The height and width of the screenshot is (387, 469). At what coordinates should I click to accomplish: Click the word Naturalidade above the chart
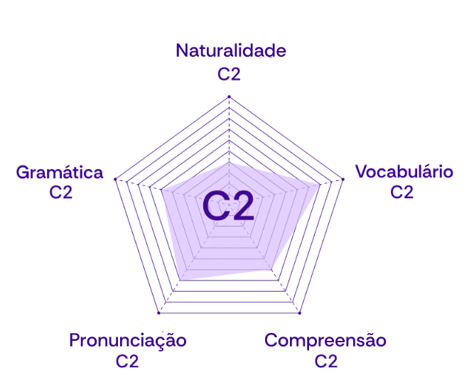[232, 50]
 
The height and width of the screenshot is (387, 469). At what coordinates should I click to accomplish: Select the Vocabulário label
[403, 171]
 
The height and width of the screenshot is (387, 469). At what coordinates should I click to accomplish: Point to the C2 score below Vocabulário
[402, 192]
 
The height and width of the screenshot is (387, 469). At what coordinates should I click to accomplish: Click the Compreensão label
[325, 339]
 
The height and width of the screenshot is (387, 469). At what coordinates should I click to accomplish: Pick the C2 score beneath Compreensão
[326, 361]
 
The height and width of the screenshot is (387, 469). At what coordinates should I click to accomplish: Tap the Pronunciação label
[128, 339]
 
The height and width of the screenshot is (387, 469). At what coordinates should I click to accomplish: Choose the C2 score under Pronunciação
[128, 361]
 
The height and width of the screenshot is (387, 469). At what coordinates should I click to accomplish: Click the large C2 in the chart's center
[228, 207]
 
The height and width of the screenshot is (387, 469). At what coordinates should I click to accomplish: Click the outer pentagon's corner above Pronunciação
[158, 315]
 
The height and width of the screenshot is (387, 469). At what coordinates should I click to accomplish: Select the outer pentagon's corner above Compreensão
[301, 315]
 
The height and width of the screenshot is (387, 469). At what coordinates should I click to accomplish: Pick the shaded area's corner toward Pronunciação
[178, 283]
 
